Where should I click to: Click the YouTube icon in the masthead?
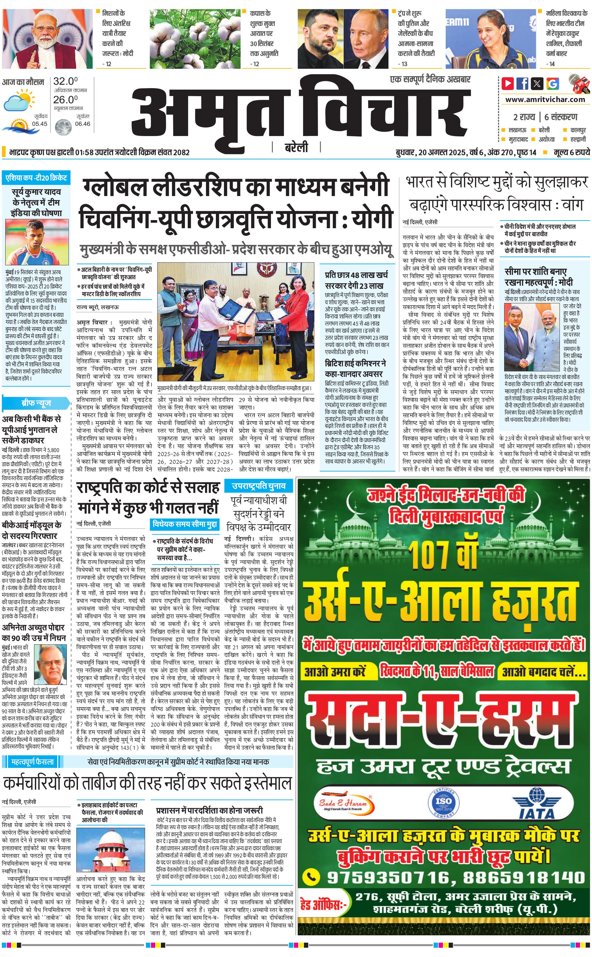coord(508,83)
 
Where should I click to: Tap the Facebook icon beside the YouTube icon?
coord(522,83)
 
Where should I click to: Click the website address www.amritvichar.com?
coord(545,100)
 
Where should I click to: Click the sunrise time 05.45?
coord(40,124)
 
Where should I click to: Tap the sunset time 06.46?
coord(82,124)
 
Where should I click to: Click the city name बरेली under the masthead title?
coord(296,147)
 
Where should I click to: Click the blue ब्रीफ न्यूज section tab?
coord(36,403)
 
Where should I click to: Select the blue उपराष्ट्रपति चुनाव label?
coord(258,486)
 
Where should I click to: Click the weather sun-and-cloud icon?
coord(18,100)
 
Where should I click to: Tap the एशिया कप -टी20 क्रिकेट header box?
coord(36,178)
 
